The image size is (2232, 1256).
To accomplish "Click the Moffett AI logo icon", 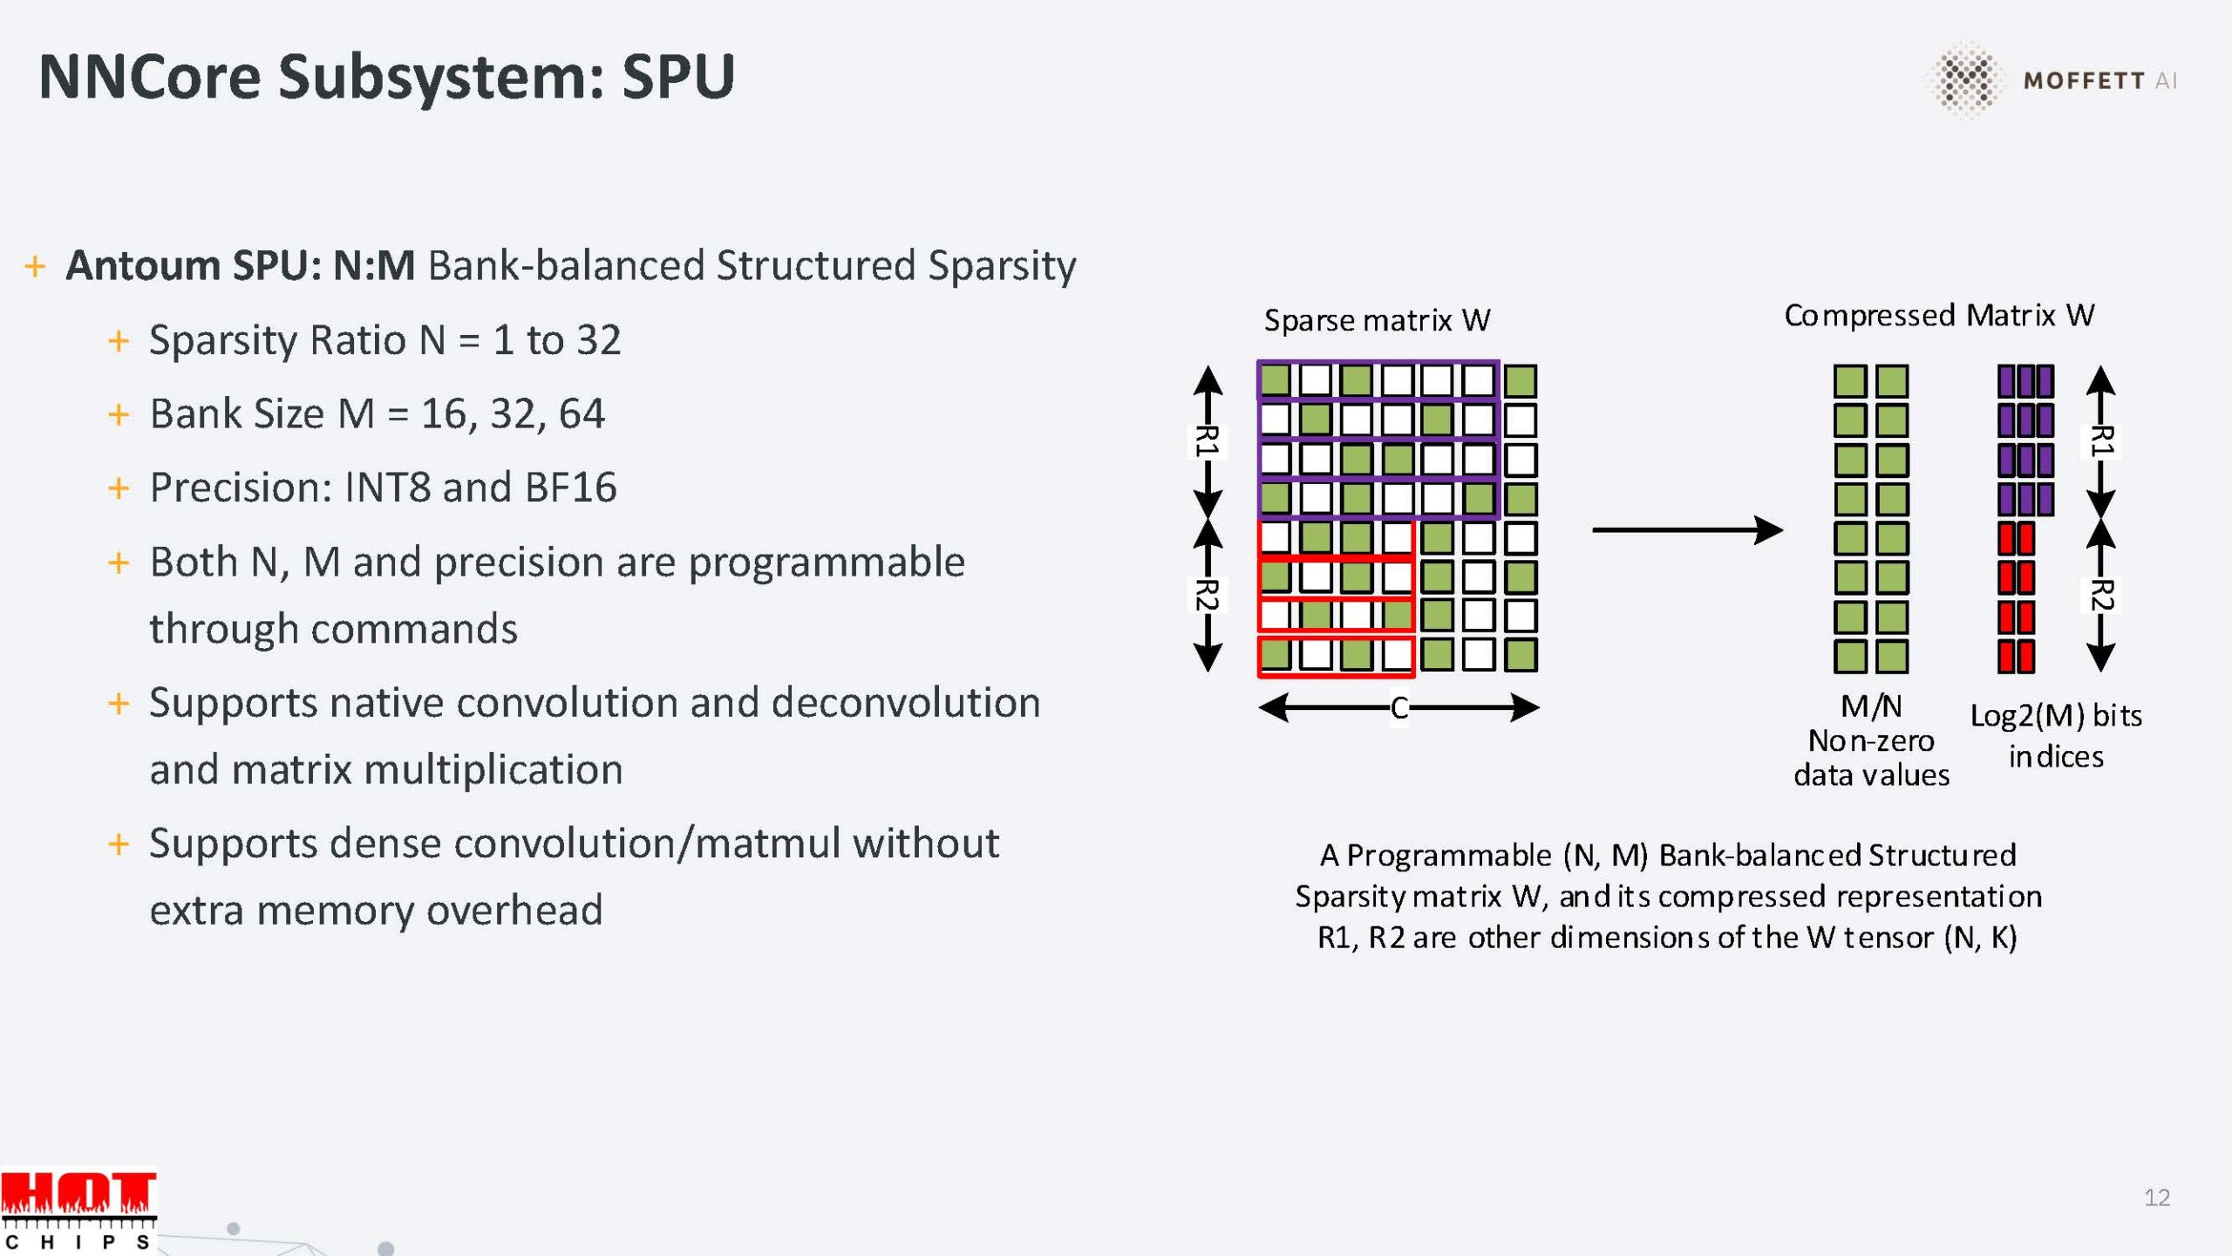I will pyautogui.click(x=1965, y=79).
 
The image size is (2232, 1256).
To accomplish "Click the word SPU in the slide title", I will pyautogui.click(x=678, y=77).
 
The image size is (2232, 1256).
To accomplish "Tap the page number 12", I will pyautogui.click(x=2157, y=1198).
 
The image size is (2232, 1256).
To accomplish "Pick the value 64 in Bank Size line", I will pyautogui.click(x=582, y=413).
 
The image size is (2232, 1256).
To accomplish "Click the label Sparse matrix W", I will pyautogui.click(x=1377, y=321).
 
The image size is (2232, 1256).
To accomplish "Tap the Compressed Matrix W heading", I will pyautogui.click(x=1939, y=315).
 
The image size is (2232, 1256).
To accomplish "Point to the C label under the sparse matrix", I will pyautogui.click(x=1398, y=707).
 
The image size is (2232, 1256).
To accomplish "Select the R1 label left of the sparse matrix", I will pyautogui.click(x=1207, y=440).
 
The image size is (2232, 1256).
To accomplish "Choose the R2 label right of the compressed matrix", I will pyautogui.click(x=2101, y=595).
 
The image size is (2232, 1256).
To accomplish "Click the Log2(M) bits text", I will pyautogui.click(x=2056, y=716).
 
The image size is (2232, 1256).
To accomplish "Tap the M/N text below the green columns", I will pyautogui.click(x=1871, y=706).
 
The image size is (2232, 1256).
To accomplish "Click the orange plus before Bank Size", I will pyautogui.click(x=119, y=413).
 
